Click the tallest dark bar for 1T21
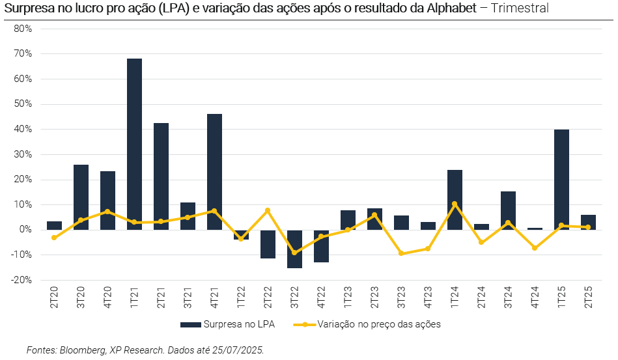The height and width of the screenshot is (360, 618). click(x=134, y=144)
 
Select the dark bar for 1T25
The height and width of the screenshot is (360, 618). click(x=561, y=180)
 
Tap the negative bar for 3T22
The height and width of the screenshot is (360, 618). click(x=294, y=249)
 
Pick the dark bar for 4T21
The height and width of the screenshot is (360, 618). click(x=214, y=172)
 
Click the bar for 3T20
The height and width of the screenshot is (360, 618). click(x=81, y=197)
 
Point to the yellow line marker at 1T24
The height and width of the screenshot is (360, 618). click(x=455, y=204)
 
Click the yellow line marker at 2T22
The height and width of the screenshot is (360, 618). click(x=268, y=210)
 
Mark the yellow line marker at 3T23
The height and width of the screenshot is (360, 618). click(x=401, y=253)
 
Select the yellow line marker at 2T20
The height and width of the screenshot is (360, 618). click(x=54, y=238)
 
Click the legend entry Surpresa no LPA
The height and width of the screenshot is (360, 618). click(x=233, y=324)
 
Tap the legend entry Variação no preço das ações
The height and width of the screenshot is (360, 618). click(x=378, y=324)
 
